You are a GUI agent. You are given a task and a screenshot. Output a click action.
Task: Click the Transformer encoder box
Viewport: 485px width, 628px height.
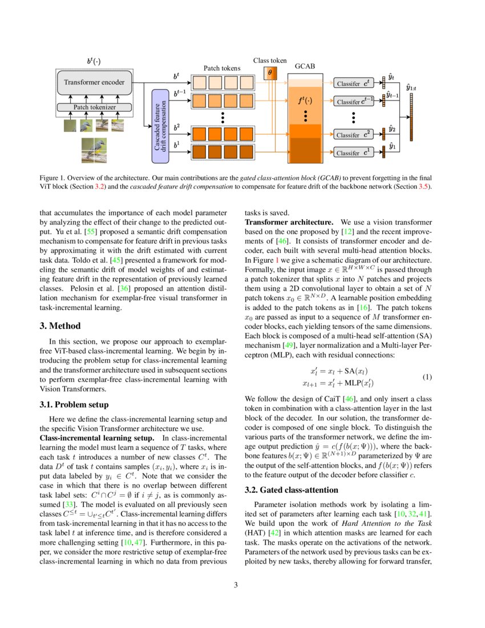[95, 82]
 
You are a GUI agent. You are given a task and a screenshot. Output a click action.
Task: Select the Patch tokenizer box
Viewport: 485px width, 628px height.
[95, 107]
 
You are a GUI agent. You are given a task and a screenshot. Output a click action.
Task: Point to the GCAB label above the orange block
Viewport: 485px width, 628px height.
[305, 67]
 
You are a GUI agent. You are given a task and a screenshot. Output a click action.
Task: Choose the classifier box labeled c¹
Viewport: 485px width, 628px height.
[354, 152]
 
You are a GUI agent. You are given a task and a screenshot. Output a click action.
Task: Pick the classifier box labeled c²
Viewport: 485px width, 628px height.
[354, 135]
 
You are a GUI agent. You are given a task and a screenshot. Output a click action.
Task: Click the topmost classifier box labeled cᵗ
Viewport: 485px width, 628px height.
[354, 83]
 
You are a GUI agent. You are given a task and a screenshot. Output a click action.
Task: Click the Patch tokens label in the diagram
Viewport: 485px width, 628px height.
[222, 69]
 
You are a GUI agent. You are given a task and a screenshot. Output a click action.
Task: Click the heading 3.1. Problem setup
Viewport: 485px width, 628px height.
[74, 405]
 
